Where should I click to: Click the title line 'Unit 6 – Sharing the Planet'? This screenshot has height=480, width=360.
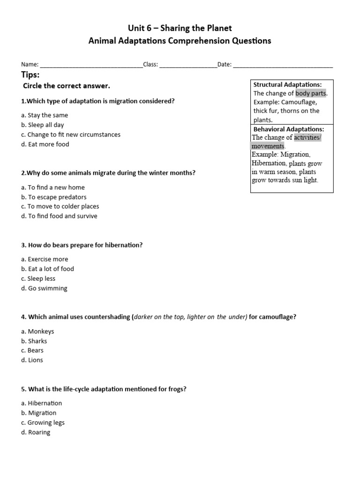pos(180,28)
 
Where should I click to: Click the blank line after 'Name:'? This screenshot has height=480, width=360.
pos(91,65)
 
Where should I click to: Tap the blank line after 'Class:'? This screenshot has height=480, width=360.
pos(188,65)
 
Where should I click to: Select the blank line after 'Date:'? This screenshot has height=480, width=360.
pos(283,65)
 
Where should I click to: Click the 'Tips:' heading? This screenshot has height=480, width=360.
pos(30,75)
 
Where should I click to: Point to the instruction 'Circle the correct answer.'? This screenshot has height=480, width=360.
pos(67,86)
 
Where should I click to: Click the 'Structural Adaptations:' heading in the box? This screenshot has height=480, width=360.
pos(287,84)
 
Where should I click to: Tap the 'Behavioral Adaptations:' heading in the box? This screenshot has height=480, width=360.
pos(288,129)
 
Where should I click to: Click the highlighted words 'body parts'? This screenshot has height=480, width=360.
pos(311,93)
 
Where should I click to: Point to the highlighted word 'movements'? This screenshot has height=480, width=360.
pos(268,146)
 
